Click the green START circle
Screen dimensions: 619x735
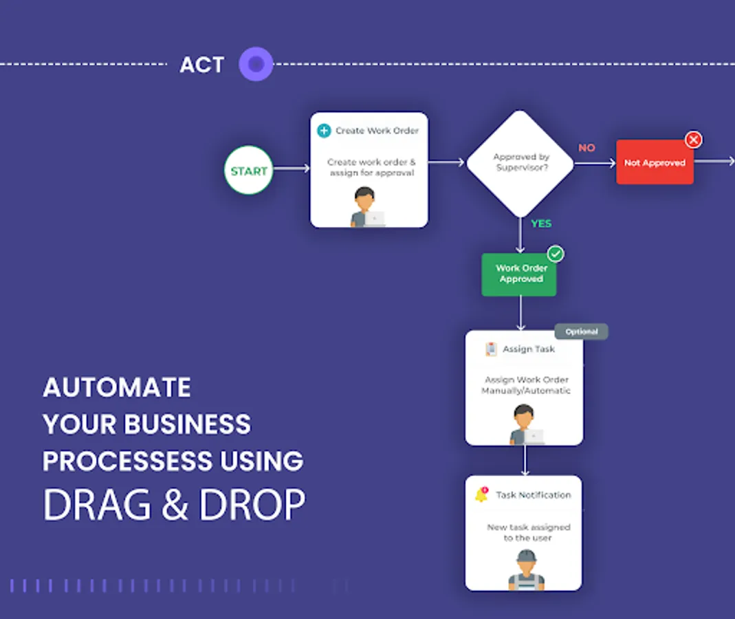248,171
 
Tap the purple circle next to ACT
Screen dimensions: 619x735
256,65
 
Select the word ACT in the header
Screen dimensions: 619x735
201,65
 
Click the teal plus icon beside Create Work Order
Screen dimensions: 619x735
324,131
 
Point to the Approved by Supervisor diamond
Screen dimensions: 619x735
520,163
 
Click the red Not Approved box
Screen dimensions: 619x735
655,163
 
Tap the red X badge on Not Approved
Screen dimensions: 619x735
694,140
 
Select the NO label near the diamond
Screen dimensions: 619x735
586,148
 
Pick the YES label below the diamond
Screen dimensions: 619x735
541,224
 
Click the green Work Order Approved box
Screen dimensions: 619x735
519,274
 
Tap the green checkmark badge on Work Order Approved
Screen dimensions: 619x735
555,254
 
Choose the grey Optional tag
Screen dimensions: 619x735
581,332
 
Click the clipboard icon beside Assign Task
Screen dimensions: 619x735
491,349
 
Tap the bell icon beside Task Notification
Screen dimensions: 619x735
482,495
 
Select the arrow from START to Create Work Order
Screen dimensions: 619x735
292,169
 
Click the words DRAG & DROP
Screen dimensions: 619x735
174,506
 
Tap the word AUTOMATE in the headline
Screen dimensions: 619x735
117,388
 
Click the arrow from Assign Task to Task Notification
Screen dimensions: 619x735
525,460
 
